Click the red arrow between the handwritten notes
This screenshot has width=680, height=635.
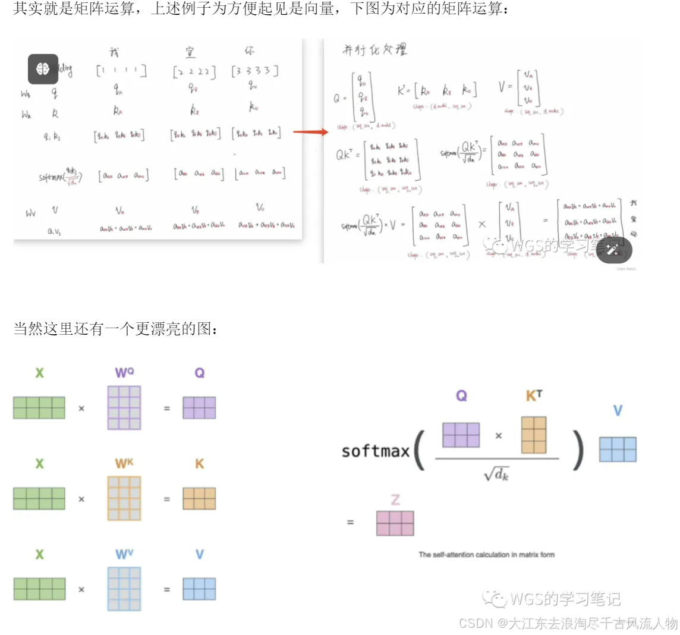(x=310, y=131)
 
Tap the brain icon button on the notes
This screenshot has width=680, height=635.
(x=43, y=69)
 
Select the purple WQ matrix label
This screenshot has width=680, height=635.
(x=124, y=373)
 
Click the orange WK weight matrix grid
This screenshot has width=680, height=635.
(x=124, y=498)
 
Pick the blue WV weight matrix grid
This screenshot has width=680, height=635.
(x=124, y=589)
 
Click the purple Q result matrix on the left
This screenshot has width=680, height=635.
(x=199, y=408)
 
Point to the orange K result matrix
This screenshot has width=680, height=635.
(x=199, y=498)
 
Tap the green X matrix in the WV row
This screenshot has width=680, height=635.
(x=39, y=589)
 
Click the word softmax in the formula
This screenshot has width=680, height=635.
(x=376, y=451)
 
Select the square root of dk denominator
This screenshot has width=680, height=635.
(x=496, y=474)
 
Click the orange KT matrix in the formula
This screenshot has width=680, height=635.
(x=534, y=435)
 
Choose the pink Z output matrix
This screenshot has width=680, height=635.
(x=395, y=523)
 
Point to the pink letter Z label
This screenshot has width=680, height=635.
(x=395, y=499)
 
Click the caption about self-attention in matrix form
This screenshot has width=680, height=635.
(x=486, y=555)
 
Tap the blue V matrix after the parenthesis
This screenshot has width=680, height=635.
(x=618, y=449)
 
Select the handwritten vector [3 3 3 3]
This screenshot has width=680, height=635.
(x=255, y=71)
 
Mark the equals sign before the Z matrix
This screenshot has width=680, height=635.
(x=350, y=522)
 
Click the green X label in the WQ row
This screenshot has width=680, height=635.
(x=39, y=373)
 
